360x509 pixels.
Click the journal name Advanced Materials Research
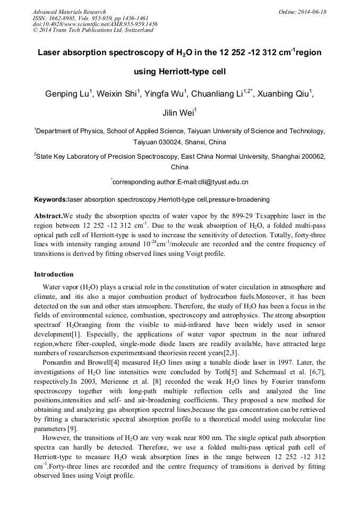[69, 12]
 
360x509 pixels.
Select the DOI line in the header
[95, 24]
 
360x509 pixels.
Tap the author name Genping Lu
[68, 94]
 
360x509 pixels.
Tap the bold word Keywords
[50, 200]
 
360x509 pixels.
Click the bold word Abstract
[48, 217]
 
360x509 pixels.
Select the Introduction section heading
[54, 274]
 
